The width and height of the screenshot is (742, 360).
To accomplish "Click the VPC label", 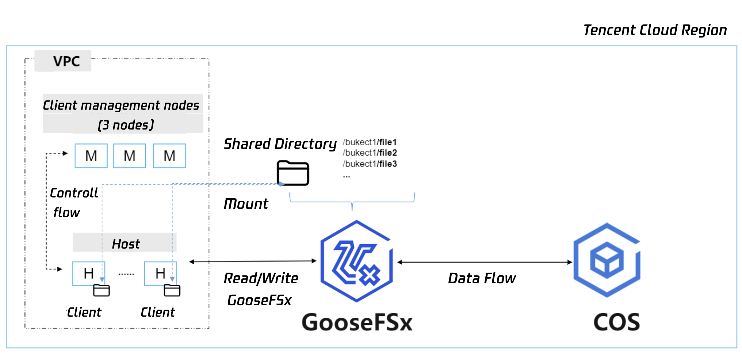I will coord(66,61).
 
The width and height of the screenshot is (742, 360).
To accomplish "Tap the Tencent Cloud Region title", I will coord(655,30).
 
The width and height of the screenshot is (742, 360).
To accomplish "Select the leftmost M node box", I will coord(91,156).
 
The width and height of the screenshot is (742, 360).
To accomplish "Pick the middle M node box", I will coord(130,156).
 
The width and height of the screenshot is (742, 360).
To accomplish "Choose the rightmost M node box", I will coord(169,156).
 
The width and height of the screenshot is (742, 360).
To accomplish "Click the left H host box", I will coord(88,273).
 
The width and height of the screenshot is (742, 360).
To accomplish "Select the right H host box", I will coord(160,273).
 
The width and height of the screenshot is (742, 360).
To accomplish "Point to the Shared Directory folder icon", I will coord(293,173).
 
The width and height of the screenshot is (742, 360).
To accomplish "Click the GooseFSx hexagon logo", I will coord(356,261).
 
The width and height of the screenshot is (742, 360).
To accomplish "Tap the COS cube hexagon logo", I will coord(607,260).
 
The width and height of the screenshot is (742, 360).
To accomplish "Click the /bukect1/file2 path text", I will coord(370,153).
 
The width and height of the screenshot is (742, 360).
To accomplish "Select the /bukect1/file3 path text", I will coord(370,164).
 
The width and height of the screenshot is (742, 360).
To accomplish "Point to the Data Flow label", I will coord(482,278).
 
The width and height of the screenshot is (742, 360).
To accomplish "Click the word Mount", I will coord(246,204).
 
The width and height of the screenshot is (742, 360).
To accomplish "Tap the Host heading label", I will coord(126,244).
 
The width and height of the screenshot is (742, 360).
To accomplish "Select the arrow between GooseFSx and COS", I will coord(485,262).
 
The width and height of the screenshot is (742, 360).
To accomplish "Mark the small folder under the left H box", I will coord(102,290).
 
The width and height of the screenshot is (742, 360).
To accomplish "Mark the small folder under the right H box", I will coord(172,290).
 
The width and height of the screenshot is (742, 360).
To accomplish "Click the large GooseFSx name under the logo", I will coord(357,322).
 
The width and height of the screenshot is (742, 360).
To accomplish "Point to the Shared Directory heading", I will coord(280,144).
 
